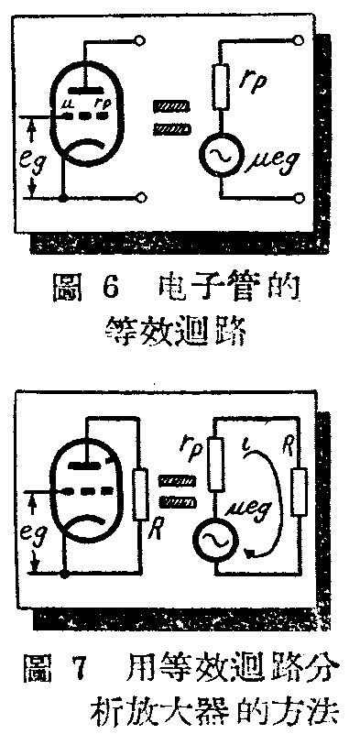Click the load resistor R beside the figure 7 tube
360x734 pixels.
coord(140,489)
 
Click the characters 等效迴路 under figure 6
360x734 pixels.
coord(173,330)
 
